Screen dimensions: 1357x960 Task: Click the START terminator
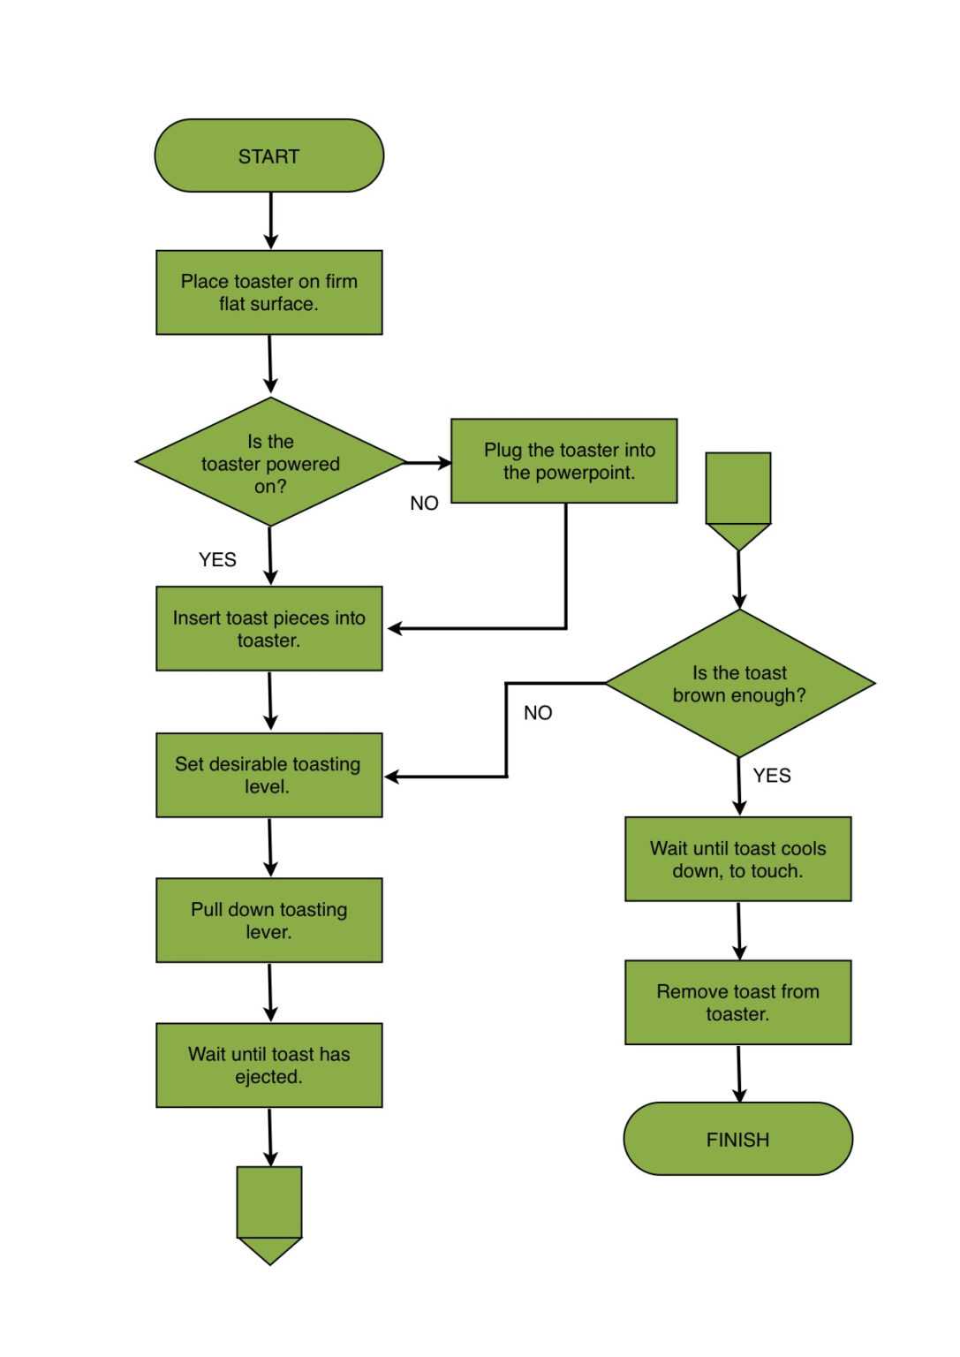[268, 155]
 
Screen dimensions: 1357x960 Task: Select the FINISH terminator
[737, 1139]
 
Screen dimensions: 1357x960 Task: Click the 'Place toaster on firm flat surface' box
[268, 292]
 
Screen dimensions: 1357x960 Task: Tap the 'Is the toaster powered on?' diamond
[270, 462]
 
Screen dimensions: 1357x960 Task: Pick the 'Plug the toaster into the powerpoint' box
[563, 460]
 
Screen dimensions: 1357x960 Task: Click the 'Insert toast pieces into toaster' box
[268, 628]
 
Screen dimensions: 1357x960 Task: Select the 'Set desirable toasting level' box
[268, 775]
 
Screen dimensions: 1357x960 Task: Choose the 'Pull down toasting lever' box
[268, 920]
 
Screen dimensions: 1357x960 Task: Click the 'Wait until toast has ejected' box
[268, 1065]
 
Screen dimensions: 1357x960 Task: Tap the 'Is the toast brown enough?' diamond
[739, 683]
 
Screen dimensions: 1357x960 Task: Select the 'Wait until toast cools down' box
[737, 859]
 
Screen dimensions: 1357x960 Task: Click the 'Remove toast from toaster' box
[737, 1002]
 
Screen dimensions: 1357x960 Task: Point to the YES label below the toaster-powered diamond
[217, 559]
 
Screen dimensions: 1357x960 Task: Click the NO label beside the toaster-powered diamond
[424, 503]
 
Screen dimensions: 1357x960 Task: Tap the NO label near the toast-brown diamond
[537, 712]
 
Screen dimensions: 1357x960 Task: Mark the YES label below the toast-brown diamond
[771, 775]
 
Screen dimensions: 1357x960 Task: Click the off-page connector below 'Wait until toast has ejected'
[269, 1211]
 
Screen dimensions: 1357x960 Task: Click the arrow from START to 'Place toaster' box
[270, 220]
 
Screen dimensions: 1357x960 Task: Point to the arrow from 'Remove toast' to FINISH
[738, 1073]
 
